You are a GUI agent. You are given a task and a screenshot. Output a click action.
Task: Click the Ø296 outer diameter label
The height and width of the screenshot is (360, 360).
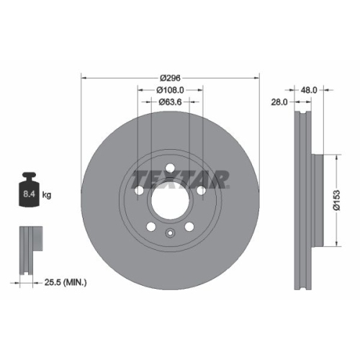[x=171, y=77]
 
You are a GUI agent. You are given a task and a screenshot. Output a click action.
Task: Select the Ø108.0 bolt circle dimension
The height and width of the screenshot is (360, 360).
[x=171, y=90]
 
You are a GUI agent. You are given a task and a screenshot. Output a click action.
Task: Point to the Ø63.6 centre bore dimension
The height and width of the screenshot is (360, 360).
[x=171, y=102]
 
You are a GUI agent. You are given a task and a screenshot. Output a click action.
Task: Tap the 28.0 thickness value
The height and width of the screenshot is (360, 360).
[x=279, y=102]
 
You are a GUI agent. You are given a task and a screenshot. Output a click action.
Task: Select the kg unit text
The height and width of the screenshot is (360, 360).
[x=47, y=194]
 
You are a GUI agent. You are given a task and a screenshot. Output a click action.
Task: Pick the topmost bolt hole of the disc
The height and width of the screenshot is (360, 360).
[x=171, y=169]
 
